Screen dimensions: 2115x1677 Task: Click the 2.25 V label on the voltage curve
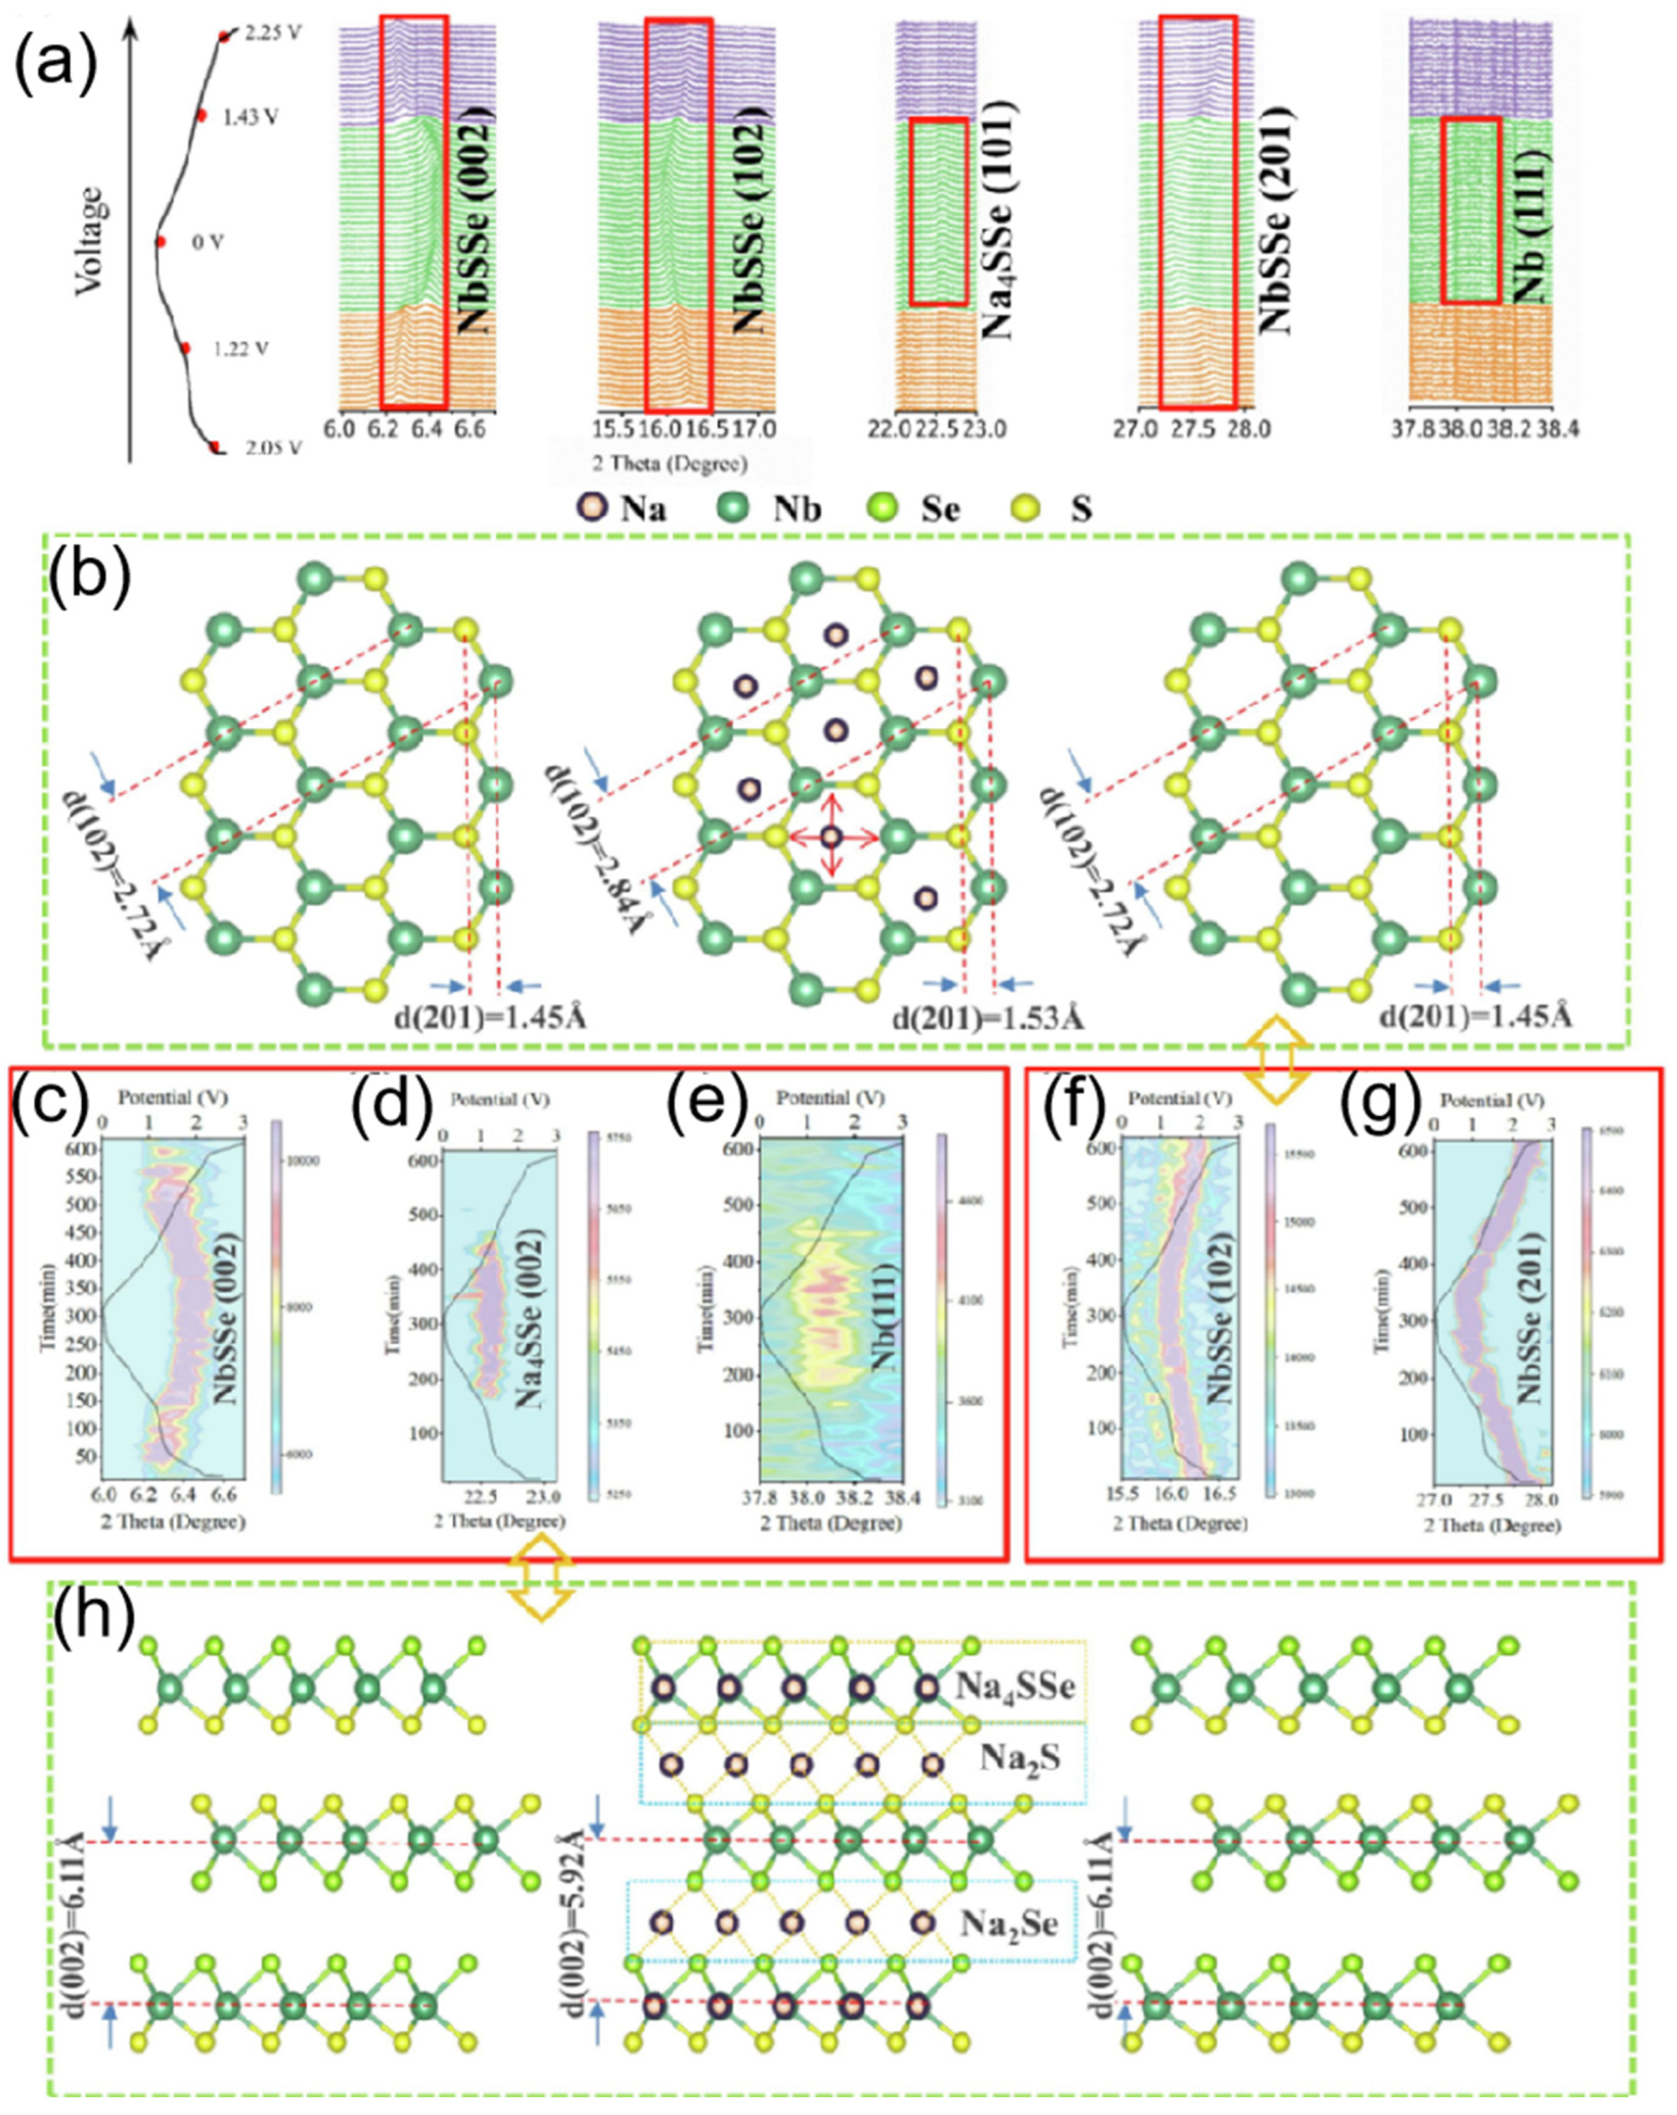tap(273, 33)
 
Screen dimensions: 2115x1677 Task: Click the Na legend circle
tap(592, 508)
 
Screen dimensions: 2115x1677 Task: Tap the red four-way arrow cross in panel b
tap(832, 837)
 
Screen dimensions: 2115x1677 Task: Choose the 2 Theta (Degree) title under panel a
tap(669, 463)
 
